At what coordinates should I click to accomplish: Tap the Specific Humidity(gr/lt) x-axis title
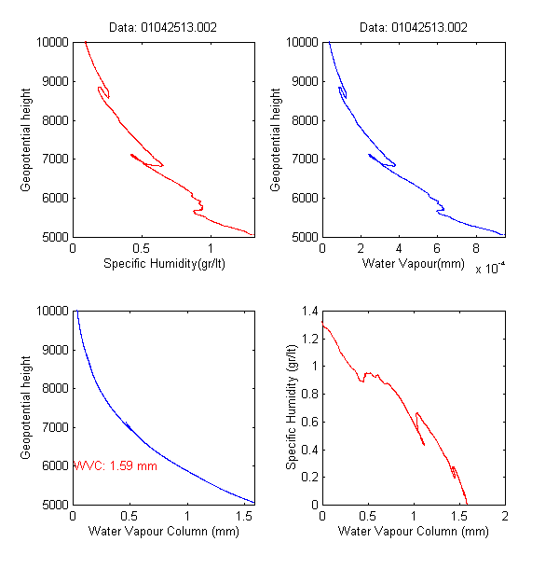click(163, 264)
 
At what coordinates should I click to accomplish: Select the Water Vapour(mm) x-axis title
click(412, 264)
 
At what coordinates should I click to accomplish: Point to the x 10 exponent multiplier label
click(489, 270)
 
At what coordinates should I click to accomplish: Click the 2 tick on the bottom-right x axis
click(505, 516)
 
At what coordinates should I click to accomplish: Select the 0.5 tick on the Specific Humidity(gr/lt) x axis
click(141, 248)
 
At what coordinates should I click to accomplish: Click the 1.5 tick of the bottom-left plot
click(244, 516)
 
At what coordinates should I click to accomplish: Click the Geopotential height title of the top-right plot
click(276, 139)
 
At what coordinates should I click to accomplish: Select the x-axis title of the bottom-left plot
click(163, 532)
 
